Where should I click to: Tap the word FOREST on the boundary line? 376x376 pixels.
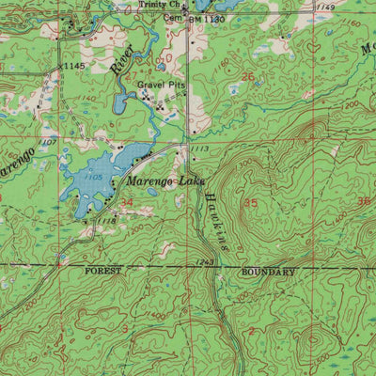pyautogui.click(x=103, y=271)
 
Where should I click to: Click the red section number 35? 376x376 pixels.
pyautogui.click(x=250, y=202)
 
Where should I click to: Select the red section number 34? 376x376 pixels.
pyautogui.click(x=126, y=202)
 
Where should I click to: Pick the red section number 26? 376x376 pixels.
pyautogui.click(x=248, y=77)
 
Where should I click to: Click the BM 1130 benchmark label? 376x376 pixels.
pyautogui.click(x=209, y=18)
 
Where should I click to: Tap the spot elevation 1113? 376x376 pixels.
pyautogui.click(x=199, y=149)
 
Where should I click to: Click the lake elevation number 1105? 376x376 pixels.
pyautogui.click(x=94, y=177)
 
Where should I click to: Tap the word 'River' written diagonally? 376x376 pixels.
pyautogui.click(x=117, y=63)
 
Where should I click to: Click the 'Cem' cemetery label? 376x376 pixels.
pyautogui.click(x=173, y=17)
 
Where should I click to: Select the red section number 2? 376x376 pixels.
pyautogui.click(x=251, y=331)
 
